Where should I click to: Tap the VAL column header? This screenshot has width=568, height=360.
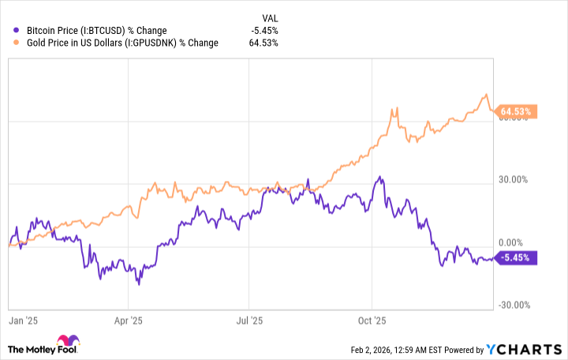[x=269, y=17]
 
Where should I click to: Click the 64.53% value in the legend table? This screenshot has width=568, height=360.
[x=263, y=43]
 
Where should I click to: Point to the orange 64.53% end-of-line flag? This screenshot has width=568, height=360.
[x=517, y=111]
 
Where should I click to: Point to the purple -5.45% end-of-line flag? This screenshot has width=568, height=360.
[x=517, y=257]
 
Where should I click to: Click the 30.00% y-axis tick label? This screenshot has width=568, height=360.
[x=516, y=180]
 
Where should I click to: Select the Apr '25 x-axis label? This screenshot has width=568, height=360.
[x=128, y=321]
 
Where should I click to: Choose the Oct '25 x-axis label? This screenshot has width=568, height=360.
[x=370, y=321]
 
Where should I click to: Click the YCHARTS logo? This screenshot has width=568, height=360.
[x=524, y=349]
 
